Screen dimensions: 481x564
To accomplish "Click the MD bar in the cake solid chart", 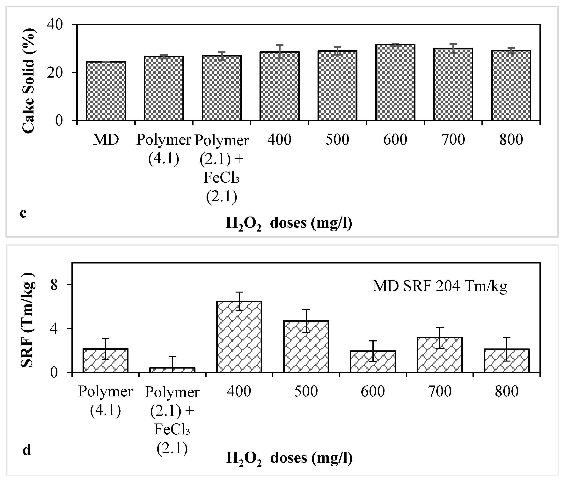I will (x=106, y=91).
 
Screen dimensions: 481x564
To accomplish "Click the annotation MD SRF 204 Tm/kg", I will (x=440, y=286).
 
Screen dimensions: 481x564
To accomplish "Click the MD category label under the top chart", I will (x=106, y=140).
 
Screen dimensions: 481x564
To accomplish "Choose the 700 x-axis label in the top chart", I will (x=453, y=140).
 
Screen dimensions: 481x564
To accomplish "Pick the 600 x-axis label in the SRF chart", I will (x=373, y=392).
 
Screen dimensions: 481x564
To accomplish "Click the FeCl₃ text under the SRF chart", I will (x=172, y=430).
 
